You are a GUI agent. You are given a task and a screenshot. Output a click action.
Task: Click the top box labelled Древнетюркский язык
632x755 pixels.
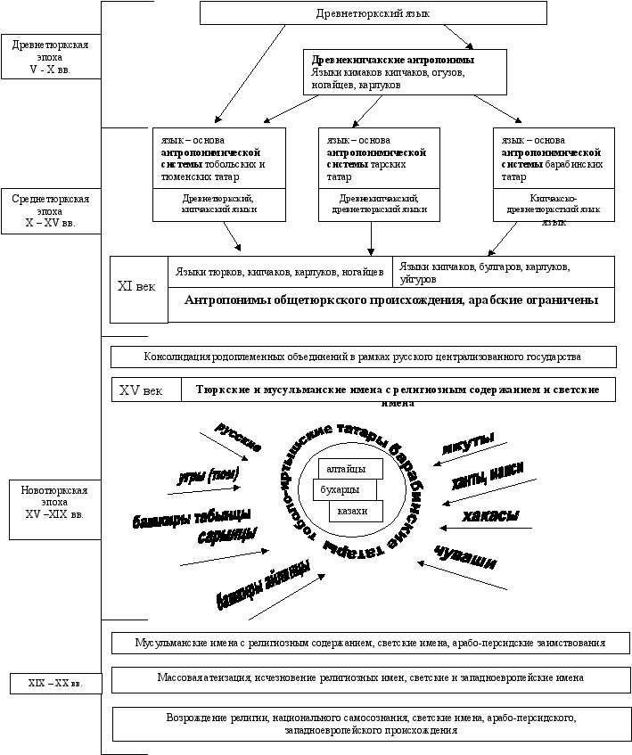coord(373,13)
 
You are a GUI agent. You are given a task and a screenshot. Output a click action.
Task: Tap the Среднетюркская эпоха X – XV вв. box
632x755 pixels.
coord(50,209)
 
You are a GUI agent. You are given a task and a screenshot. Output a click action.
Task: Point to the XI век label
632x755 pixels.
coord(137,288)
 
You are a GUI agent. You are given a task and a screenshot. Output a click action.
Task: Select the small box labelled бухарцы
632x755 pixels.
coord(343,488)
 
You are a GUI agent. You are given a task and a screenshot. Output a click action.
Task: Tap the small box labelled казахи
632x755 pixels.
coord(355,510)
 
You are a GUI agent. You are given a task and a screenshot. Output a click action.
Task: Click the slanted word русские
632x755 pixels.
coord(238,434)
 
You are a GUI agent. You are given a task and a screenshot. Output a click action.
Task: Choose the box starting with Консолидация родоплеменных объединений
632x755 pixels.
coord(363,357)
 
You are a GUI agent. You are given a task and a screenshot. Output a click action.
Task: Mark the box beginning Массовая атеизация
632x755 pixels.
coord(371,678)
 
